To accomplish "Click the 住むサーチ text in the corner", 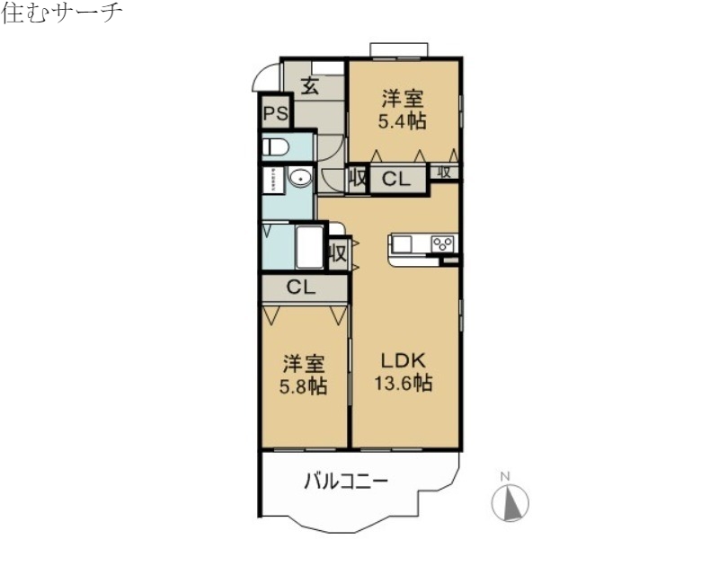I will pyautogui.click(x=61, y=13).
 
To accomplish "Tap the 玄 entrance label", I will pyautogui.click(x=311, y=86).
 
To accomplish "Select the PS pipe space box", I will pyautogui.click(x=275, y=114).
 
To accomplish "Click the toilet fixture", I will pyautogui.click(x=275, y=146).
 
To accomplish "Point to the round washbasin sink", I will pyautogui.click(x=301, y=178).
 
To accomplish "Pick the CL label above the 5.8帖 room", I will pyautogui.click(x=301, y=287).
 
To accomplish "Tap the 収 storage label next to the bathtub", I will pyautogui.click(x=338, y=252).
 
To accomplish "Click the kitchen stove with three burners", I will pyautogui.click(x=442, y=243).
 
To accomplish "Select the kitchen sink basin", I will pyautogui.click(x=402, y=243).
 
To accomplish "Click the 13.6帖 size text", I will pyautogui.click(x=404, y=384).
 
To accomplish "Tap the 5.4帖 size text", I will pyautogui.click(x=403, y=121).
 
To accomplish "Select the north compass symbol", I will pyautogui.click(x=510, y=502).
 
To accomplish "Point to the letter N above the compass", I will pyautogui.click(x=505, y=475).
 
